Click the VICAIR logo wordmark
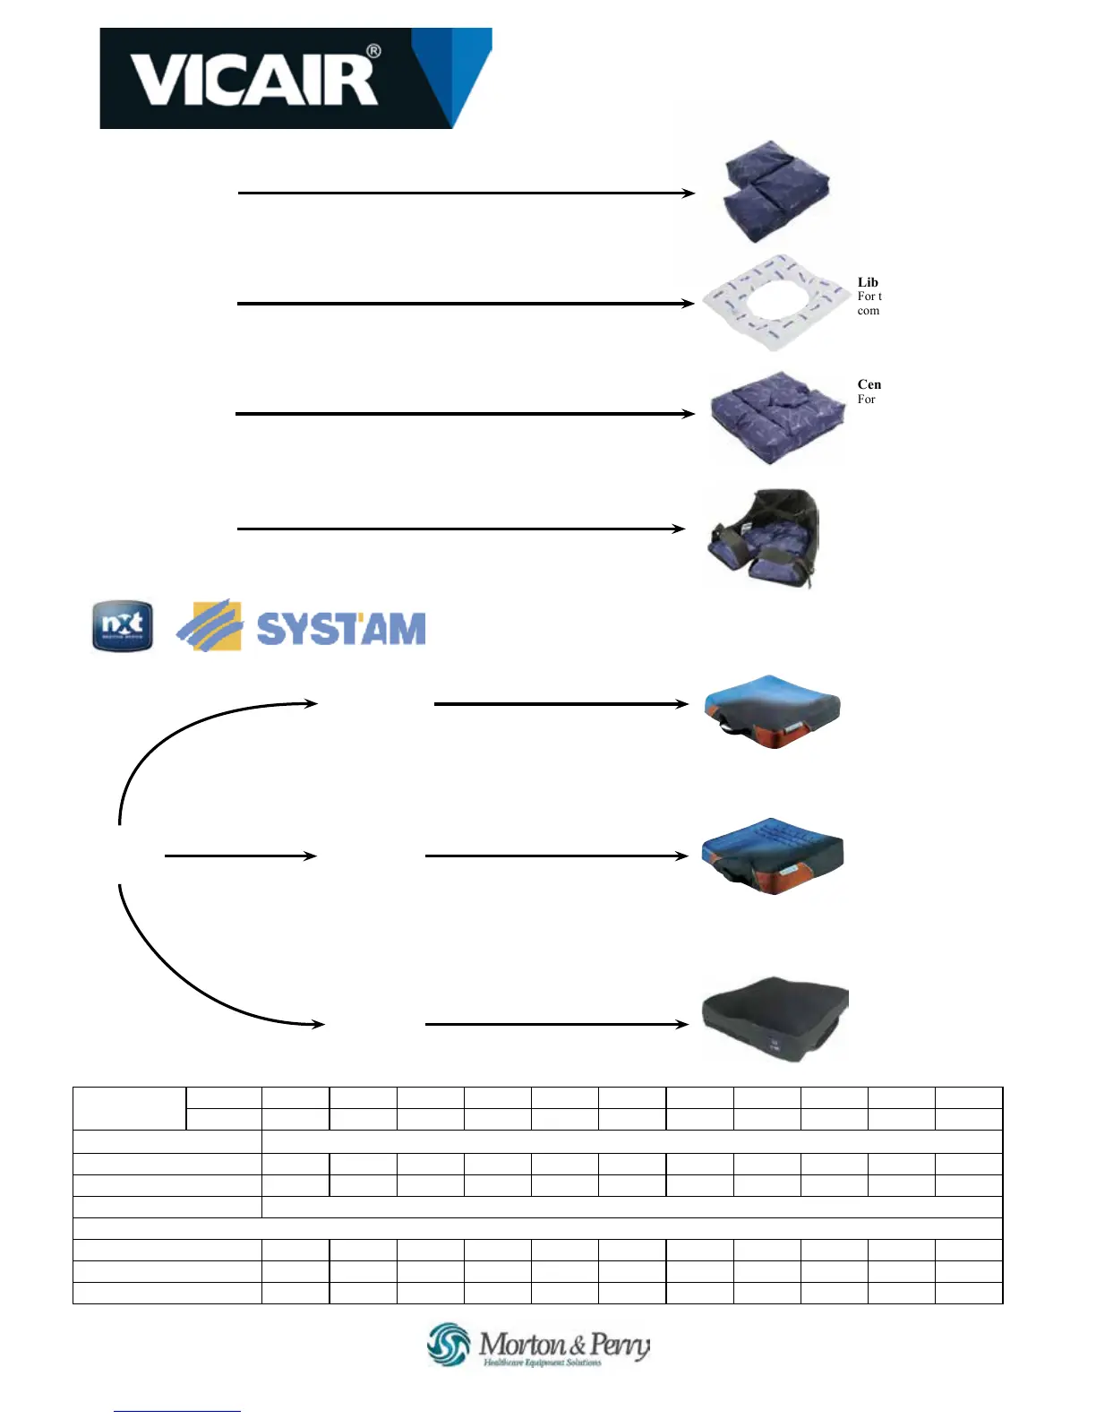tap(253, 79)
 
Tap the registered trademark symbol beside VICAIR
tap(374, 52)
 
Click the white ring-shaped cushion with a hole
tap(774, 302)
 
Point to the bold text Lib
tap(868, 282)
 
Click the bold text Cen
tap(869, 384)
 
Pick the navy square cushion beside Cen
tap(776, 417)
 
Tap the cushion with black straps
tap(763, 537)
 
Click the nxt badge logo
tap(123, 626)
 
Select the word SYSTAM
tap(341, 629)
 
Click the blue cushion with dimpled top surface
tap(774, 856)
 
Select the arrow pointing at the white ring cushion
tap(466, 304)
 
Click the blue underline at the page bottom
tap(177, 1411)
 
